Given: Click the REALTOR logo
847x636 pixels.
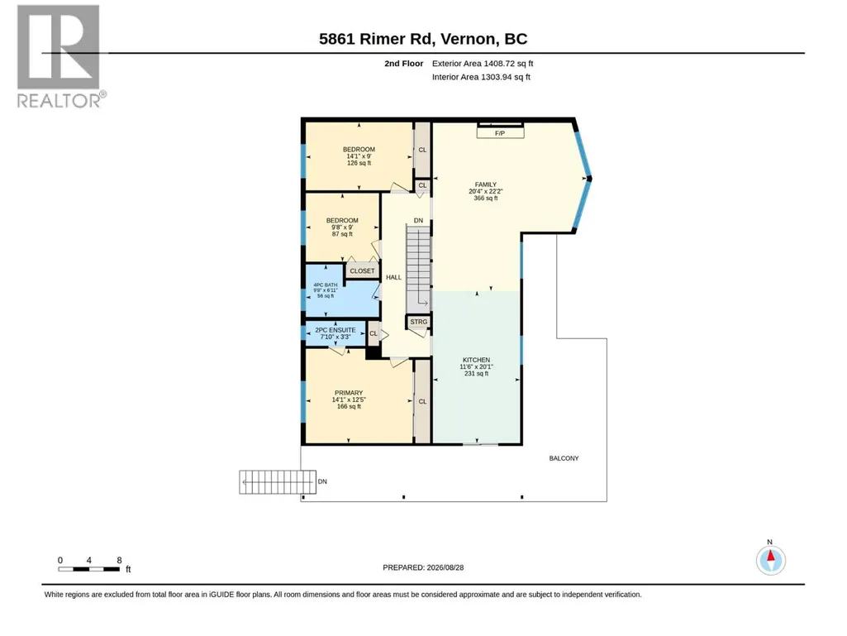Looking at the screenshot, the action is pos(61,56).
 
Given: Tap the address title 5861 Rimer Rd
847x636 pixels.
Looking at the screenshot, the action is pos(376,39).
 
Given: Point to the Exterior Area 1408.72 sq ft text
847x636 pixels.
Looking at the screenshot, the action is pos(483,64).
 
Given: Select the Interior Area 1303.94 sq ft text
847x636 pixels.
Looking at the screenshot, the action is pos(481,77).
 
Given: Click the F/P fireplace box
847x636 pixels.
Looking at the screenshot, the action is pos(500,132).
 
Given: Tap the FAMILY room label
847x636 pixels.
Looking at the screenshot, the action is pos(486,191).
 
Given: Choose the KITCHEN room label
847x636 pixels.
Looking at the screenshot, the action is pos(477,366).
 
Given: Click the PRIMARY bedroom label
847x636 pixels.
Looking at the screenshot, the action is pos(349,399).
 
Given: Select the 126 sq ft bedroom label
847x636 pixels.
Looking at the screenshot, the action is pos(359,156).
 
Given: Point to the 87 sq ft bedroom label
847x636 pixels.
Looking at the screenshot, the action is pos(342,227).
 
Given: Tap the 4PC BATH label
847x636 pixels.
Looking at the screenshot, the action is pos(326,290).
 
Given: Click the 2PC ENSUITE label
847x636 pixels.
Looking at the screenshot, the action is pos(335,333).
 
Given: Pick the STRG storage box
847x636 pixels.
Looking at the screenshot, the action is pos(419,322).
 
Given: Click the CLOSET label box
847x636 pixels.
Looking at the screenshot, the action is pos(362,271).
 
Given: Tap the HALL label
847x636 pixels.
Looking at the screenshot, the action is pos(394,277).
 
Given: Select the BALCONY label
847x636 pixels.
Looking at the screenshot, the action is pos(564,459).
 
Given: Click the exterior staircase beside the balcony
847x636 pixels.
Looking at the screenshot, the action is pos(278,482).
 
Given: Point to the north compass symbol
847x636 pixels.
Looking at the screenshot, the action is pos(771,560).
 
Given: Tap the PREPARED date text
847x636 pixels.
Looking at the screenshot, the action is pos(423,568).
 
